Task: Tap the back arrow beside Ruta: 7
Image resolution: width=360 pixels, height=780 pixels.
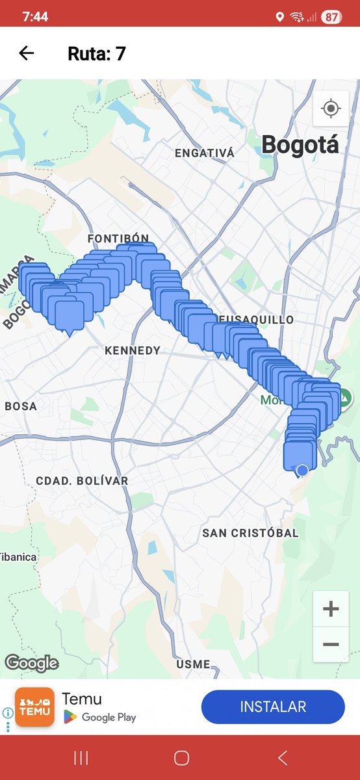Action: (x=26, y=53)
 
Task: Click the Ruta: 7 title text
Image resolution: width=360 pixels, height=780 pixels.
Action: (x=96, y=53)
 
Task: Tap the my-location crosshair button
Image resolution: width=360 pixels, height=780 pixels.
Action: (x=331, y=108)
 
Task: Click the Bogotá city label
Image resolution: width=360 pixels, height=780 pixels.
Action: (x=300, y=144)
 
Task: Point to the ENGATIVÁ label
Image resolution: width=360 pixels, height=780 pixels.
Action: (x=204, y=153)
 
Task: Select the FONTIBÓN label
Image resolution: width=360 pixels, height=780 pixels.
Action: (x=118, y=239)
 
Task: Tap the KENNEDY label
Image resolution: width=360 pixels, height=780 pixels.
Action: (x=133, y=350)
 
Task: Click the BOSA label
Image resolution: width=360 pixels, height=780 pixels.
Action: (x=21, y=406)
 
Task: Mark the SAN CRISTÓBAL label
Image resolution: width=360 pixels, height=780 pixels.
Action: (x=250, y=533)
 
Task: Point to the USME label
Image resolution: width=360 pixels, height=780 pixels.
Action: (x=193, y=664)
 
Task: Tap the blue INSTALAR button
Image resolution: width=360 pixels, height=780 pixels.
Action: (x=273, y=707)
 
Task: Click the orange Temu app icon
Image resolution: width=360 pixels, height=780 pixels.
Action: (x=34, y=707)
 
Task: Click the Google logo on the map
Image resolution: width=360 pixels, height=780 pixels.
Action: (x=32, y=663)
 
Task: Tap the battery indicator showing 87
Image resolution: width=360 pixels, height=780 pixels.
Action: (x=331, y=17)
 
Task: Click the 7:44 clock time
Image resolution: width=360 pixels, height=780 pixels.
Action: (x=35, y=17)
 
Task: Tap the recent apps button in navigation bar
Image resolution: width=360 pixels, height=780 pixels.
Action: (x=81, y=757)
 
